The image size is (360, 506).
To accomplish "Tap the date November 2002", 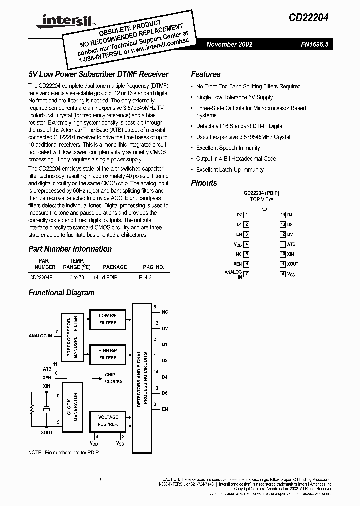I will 229,44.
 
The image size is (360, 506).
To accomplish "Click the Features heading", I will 205,74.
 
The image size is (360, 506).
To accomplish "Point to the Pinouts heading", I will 204,183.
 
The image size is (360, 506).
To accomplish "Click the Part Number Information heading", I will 70,249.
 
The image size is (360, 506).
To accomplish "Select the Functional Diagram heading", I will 61,293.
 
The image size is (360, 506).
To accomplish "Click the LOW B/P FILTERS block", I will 108,319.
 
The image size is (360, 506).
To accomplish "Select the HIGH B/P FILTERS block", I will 108,354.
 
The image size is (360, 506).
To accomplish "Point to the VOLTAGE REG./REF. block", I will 108,420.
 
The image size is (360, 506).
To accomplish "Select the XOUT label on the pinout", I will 293,264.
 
